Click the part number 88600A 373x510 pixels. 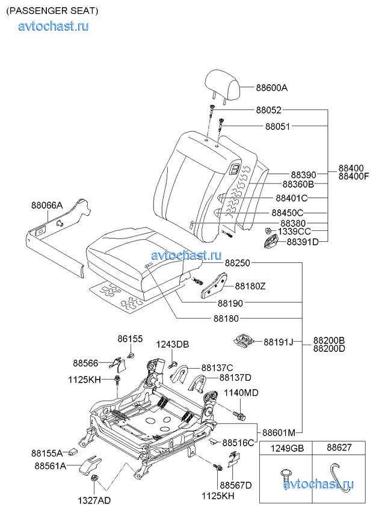click(271, 88)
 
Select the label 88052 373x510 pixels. click(268, 110)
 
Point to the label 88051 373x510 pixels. click(277, 126)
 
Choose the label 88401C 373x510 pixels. click(291, 198)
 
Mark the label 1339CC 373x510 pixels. click(294, 231)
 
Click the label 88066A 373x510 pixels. click(47, 205)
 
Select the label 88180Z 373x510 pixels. click(250, 286)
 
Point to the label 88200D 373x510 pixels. click(328, 349)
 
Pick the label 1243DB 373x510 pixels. click(173, 344)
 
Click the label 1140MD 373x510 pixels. click(241, 393)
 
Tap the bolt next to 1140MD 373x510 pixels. click(241, 416)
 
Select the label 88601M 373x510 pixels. click(279, 432)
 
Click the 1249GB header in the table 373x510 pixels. click(286, 448)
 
